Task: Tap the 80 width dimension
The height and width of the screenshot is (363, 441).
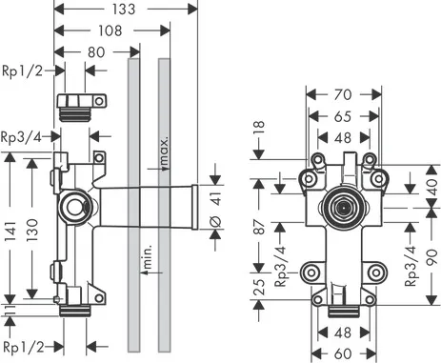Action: coord(93,52)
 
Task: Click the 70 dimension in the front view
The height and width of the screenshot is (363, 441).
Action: coord(343,94)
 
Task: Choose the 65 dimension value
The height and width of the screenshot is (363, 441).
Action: coord(343,117)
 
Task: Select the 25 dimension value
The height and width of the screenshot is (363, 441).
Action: coord(261,287)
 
